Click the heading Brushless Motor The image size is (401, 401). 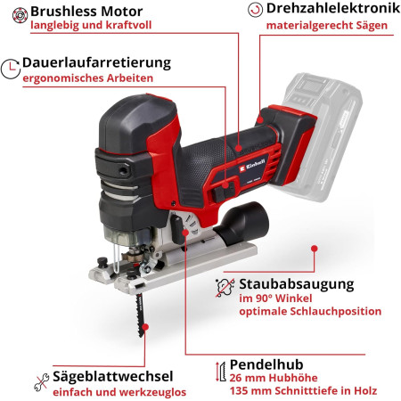(x=86, y=12)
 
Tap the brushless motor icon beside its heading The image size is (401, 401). (x=20, y=15)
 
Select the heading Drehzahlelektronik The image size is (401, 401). (x=333, y=8)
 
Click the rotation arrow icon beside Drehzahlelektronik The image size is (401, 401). (x=255, y=10)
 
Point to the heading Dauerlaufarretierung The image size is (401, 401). (x=97, y=63)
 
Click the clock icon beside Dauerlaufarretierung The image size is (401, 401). (x=11, y=69)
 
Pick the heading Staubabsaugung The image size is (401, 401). (x=297, y=284)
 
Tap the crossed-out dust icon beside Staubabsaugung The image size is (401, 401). (x=225, y=287)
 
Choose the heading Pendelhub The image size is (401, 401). (x=266, y=364)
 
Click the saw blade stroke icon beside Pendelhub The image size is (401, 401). (x=220, y=372)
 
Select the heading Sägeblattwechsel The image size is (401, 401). (x=113, y=376)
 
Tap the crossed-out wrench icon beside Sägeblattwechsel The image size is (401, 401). (x=41, y=382)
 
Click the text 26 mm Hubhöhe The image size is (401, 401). (x=274, y=378)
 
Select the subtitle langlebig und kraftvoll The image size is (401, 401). (x=91, y=25)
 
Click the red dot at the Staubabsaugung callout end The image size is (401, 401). (x=315, y=249)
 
